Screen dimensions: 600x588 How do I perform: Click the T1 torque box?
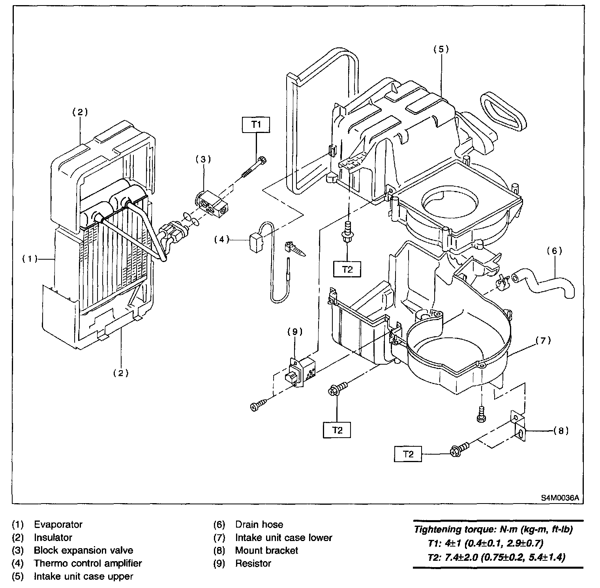tap(256, 125)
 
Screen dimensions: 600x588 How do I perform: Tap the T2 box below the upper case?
tap(347, 270)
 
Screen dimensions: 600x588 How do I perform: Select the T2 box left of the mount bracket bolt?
tap(408, 454)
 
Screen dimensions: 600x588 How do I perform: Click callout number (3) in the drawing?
tap(203, 159)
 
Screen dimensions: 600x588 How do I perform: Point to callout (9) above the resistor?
tap(294, 332)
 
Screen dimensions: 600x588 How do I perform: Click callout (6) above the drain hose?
tap(555, 251)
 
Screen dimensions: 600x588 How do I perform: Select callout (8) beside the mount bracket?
tap(561, 431)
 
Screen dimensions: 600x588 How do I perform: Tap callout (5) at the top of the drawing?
tap(441, 49)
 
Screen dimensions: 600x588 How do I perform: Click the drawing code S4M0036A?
tap(560, 497)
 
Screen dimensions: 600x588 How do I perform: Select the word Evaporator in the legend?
tap(58, 524)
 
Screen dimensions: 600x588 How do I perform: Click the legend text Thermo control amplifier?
tap(88, 563)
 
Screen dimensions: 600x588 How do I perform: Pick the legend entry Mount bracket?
tap(266, 550)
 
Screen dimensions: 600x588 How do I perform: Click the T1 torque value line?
tap(485, 543)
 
